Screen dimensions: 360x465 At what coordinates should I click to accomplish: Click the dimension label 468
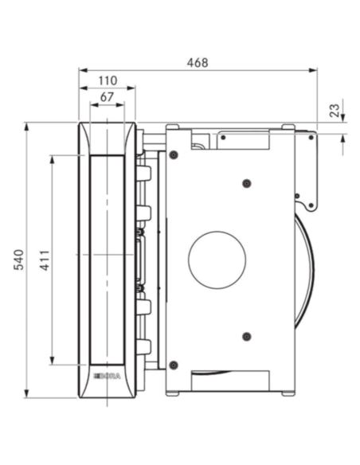click(198, 63)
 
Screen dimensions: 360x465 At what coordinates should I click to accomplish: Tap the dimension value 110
click(108, 80)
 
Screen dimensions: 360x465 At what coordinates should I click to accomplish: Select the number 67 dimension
click(107, 97)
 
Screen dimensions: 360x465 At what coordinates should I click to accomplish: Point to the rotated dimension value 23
click(335, 111)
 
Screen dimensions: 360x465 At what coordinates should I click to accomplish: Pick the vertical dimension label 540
click(19, 260)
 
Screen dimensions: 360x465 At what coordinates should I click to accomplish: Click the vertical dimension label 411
click(45, 260)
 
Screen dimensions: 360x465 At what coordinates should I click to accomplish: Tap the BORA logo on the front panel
click(108, 377)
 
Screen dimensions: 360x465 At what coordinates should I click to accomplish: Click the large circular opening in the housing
click(217, 260)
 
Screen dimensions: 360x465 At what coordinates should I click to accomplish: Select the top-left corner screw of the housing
click(174, 154)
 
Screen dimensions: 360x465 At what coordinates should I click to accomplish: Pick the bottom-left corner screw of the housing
click(174, 365)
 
